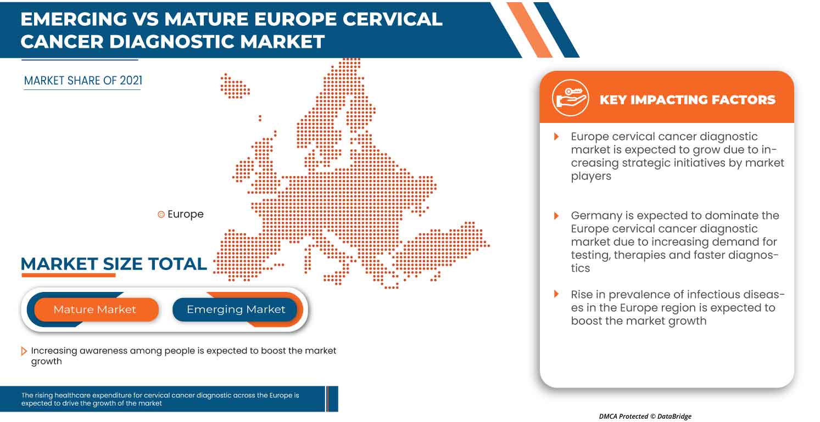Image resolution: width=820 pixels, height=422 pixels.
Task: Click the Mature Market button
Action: point(94,310)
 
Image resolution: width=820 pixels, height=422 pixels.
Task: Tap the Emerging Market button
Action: point(236,310)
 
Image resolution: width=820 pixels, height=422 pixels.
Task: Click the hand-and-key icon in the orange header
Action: point(570,99)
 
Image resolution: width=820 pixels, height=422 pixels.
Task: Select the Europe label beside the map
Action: point(185,215)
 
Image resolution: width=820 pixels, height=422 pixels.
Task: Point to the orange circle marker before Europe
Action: point(161,215)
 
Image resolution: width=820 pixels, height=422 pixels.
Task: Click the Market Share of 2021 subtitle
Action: point(83,81)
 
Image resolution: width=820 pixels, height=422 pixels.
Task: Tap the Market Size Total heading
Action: point(114,264)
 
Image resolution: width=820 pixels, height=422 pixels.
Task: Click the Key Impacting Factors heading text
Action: point(687,100)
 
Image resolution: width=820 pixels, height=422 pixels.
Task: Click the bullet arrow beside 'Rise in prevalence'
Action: point(556,295)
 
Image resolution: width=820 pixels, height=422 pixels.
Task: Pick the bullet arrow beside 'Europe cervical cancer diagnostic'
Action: point(556,137)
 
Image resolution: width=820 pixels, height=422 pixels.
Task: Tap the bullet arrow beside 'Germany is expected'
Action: point(556,216)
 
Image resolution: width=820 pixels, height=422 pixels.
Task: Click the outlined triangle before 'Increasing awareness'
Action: point(24,351)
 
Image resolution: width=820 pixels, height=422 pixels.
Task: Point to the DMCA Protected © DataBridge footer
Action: point(645,417)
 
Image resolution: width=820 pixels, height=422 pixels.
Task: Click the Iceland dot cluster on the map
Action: point(235,86)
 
